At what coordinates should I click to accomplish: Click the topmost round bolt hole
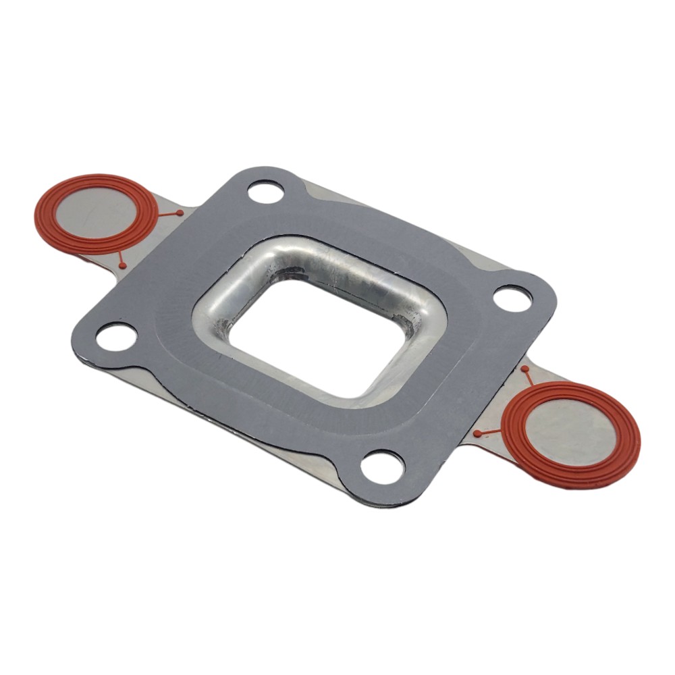[x=265, y=192]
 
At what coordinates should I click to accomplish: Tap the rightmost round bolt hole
[x=512, y=298]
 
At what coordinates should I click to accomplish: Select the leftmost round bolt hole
[x=116, y=336]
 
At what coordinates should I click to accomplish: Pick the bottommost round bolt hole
[x=382, y=465]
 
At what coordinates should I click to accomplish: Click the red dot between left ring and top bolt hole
[x=180, y=213]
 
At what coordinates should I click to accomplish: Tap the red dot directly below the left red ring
[x=122, y=265]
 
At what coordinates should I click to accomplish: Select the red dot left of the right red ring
[x=477, y=433]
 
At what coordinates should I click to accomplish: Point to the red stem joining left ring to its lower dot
[x=120, y=258]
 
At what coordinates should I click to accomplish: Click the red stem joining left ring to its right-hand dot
[x=169, y=215]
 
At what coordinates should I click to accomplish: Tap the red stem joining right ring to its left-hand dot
[x=489, y=433]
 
